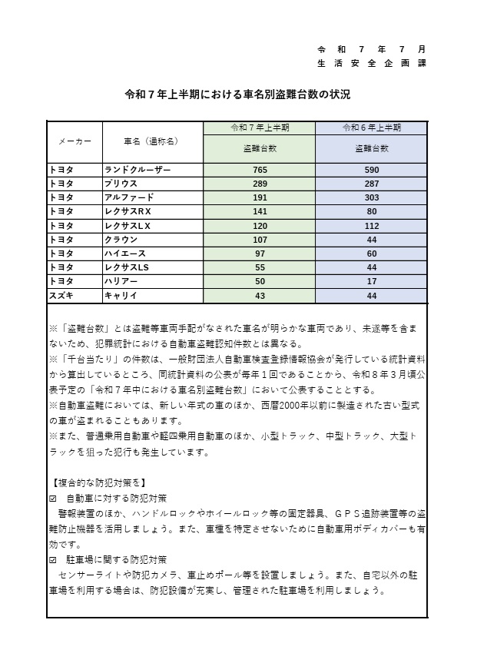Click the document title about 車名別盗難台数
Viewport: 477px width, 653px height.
(x=237, y=95)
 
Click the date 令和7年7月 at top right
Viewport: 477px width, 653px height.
(x=372, y=48)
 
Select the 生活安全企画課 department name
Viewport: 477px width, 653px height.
(x=372, y=63)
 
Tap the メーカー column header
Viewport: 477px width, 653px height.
(x=75, y=141)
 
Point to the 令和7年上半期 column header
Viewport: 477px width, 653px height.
(x=260, y=128)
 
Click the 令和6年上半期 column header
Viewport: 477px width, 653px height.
(x=372, y=128)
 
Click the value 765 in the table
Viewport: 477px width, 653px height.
(x=260, y=169)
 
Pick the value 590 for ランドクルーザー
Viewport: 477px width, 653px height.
(x=372, y=169)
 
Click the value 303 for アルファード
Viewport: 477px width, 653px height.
(x=372, y=197)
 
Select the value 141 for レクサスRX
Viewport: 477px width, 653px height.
(x=260, y=211)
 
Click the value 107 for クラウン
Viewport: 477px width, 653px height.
(x=260, y=239)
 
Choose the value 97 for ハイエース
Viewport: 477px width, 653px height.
(x=260, y=253)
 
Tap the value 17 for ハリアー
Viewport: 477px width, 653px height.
(x=372, y=281)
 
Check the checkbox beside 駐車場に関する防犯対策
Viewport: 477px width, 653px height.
(x=52, y=559)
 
